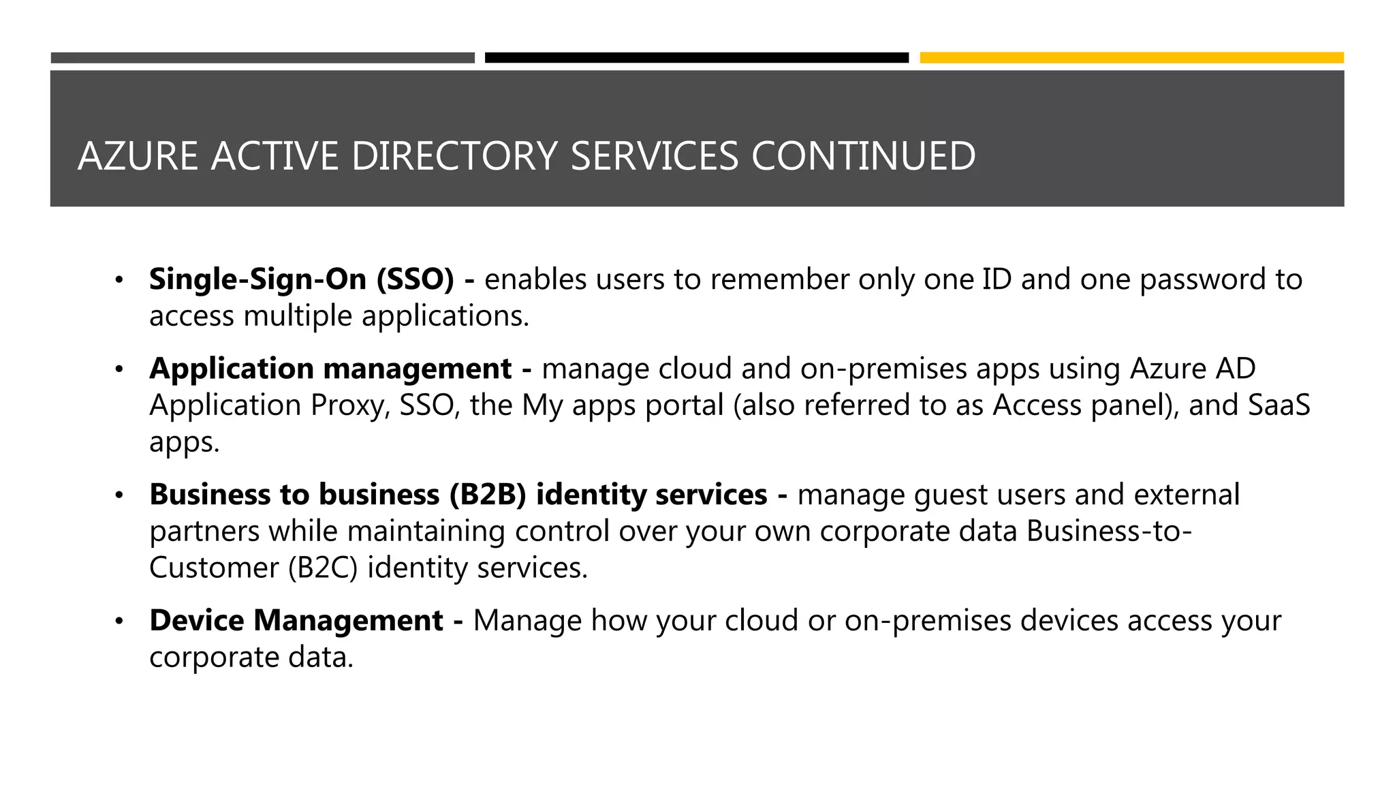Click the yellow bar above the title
click(1131, 58)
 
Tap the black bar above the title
click(696, 58)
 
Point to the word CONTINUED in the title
click(863, 156)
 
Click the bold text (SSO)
click(415, 279)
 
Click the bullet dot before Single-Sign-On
click(119, 280)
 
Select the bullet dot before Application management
click(119, 369)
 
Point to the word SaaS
click(1279, 405)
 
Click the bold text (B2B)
click(488, 495)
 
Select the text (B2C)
click(323, 568)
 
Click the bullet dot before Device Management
click(119, 621)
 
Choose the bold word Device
click(197, 621)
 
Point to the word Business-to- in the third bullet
click(1109, 532)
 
